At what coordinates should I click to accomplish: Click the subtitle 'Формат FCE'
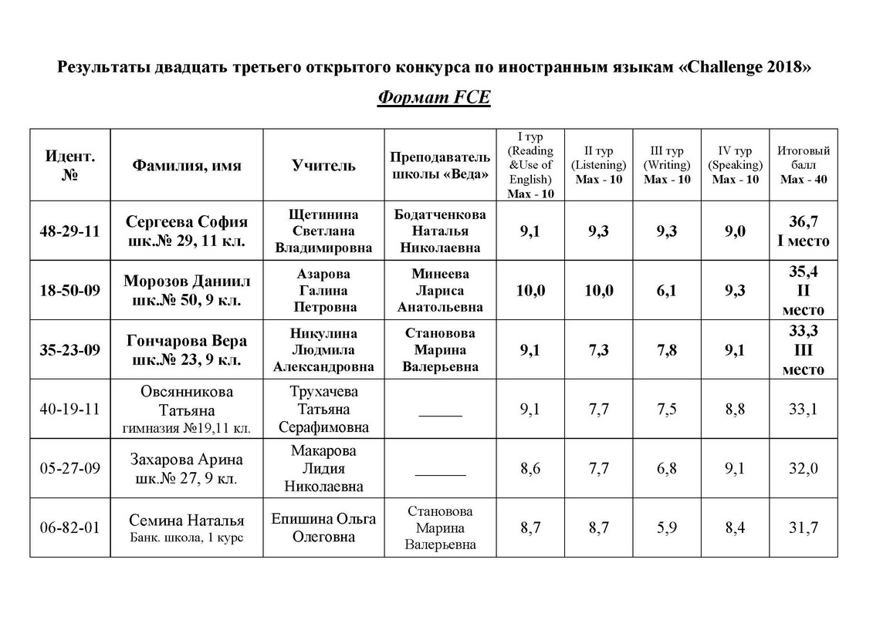pos(434,99)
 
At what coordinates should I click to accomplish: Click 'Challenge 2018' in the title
pos(743,67)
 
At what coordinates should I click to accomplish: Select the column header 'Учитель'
pos(323,165)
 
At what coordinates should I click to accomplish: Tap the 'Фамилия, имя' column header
pos(187,165)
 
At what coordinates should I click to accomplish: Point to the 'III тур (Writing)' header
pos(667,165)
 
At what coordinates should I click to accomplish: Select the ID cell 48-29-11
pos(70,231)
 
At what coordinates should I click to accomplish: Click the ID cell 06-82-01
pos(70,528)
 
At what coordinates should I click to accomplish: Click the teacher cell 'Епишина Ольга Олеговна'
pos(323,528)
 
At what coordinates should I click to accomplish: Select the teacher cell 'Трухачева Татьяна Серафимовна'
pos(323,409)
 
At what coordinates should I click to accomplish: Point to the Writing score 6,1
pos(667,290)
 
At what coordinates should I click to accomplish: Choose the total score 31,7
pos(803,528)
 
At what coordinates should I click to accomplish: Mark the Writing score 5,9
pos(667,528)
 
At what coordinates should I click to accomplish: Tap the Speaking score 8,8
pos(735,409)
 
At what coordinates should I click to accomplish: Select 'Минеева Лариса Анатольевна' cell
pos(440,290)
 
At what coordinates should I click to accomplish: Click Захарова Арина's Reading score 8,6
pos(530,468)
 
